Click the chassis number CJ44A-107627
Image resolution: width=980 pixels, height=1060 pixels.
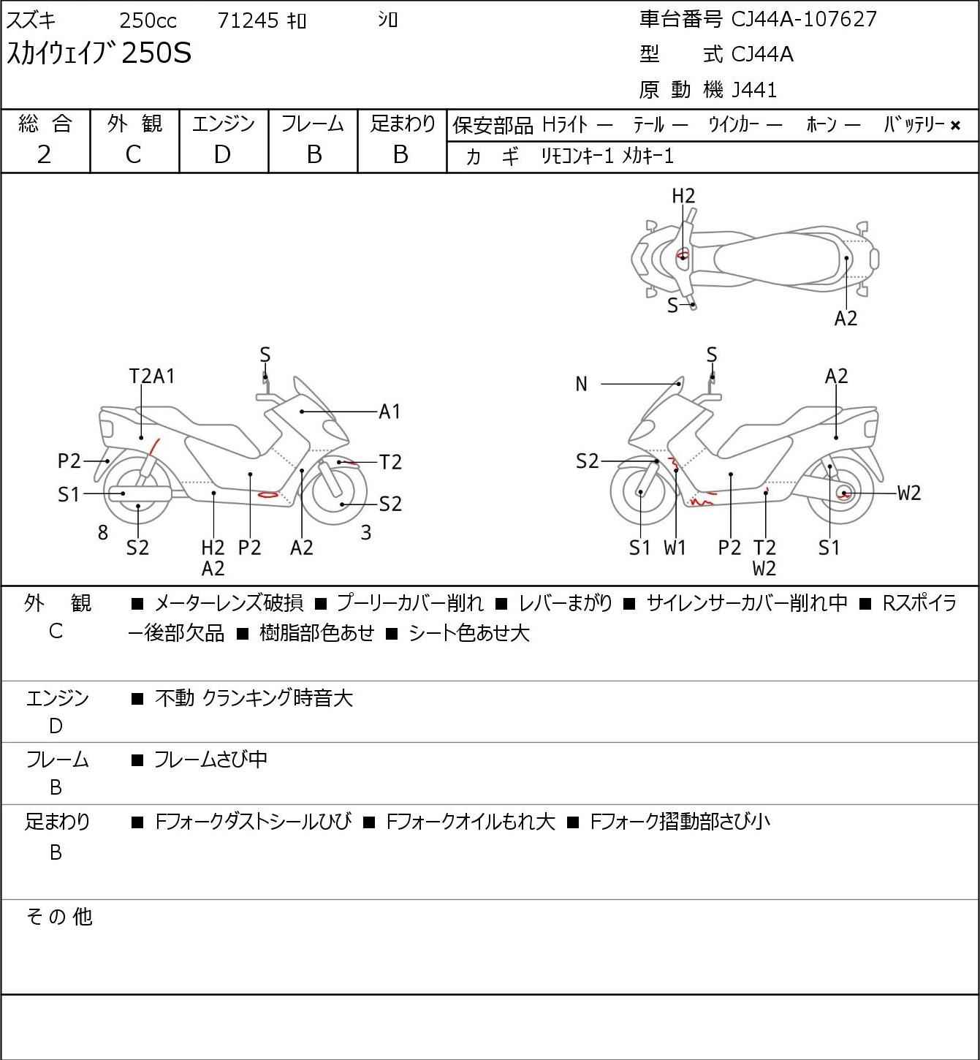coord(803,19)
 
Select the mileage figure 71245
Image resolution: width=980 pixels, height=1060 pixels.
coord(248,20)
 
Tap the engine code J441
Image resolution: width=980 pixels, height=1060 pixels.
coord(754,90)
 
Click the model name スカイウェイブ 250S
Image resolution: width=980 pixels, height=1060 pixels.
coord(99,53)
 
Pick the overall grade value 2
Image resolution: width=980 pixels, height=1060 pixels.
coord(45,155)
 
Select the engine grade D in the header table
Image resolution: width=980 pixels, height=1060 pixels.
coord(222,155)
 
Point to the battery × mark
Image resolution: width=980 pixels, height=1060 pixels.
coord(955,126)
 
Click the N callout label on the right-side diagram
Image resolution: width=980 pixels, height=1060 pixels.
coord(581,384)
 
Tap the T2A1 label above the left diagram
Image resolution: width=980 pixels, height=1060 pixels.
coord(152,376)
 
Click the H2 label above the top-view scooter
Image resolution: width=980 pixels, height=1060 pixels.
coord(683,196)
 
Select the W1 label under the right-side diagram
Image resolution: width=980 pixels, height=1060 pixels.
coord(675,548)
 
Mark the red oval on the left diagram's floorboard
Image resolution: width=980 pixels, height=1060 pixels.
coord(268,495)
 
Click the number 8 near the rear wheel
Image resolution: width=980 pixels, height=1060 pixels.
coord(103,532)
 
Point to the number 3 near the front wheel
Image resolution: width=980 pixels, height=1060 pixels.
coord(365,532)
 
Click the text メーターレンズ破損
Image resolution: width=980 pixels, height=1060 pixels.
coord(229,603)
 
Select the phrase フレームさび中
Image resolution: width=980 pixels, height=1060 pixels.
coord(211,759)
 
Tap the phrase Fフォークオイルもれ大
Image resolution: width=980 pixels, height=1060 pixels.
coord(471,822)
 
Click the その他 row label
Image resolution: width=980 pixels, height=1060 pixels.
coord(59,917)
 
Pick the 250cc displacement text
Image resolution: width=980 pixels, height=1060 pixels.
coord(148,20)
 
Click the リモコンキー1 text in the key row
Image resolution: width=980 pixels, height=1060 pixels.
coord(577,156)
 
